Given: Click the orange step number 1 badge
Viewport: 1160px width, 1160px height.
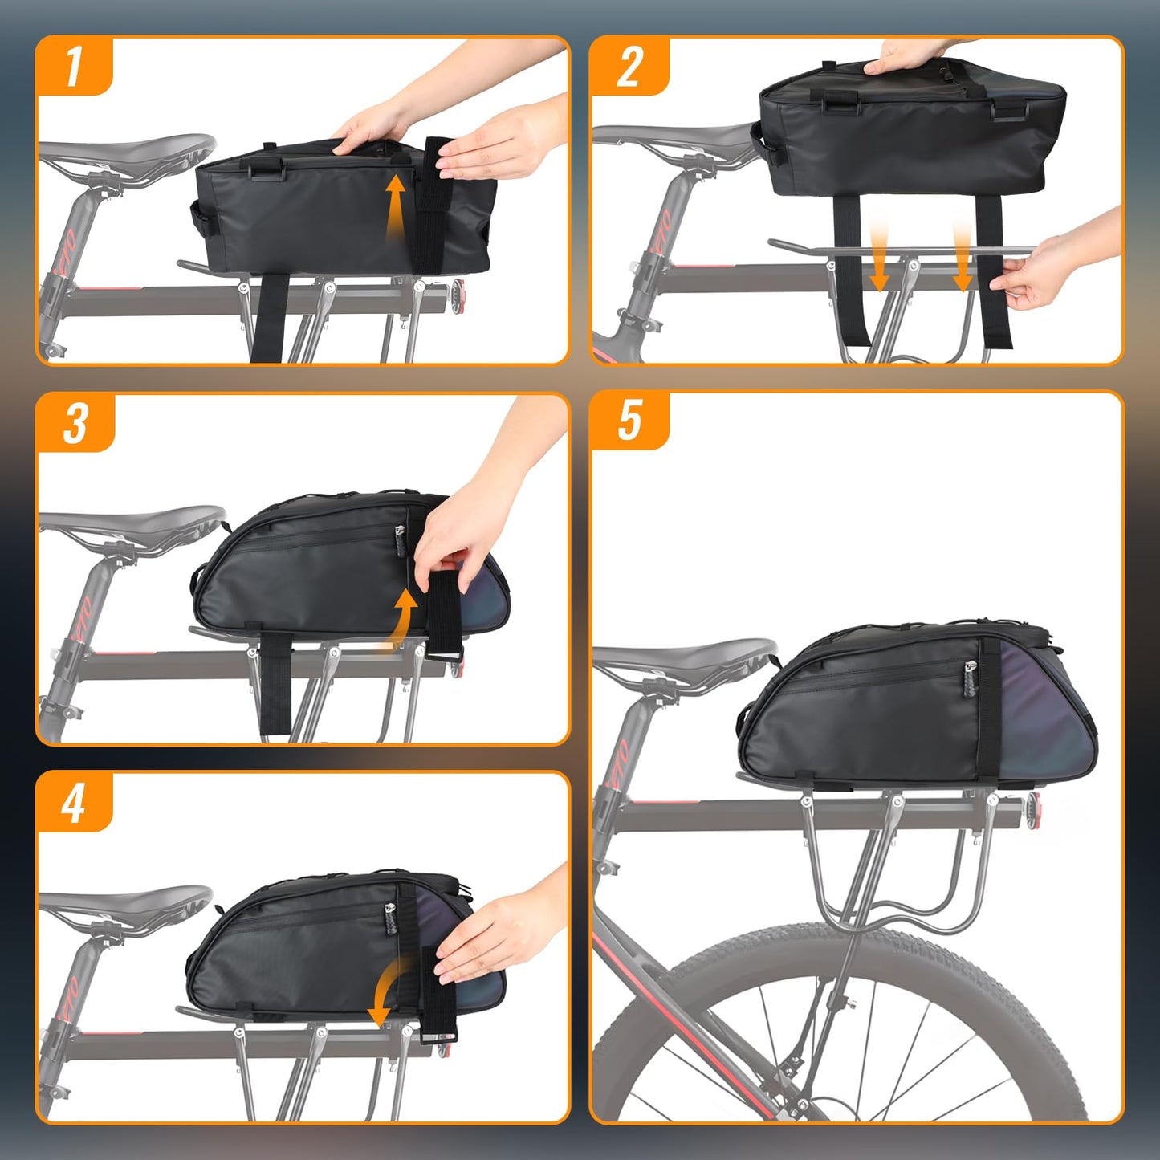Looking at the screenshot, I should [x=74, y=66].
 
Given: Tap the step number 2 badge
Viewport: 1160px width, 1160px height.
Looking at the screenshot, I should [x=629, y=66].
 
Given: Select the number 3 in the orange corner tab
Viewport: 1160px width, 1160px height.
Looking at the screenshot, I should [x=75, y=422].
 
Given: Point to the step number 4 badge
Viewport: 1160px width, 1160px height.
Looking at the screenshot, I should [x=73, y=802].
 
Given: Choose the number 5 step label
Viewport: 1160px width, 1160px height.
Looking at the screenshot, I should [x=629, y=420].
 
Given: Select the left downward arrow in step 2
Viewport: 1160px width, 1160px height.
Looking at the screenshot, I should [x=879, y=253].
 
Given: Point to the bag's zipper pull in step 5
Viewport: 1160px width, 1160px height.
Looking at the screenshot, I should [x=971, y=679].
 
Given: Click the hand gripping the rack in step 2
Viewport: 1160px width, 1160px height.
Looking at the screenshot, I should [x=1044, y=273].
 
